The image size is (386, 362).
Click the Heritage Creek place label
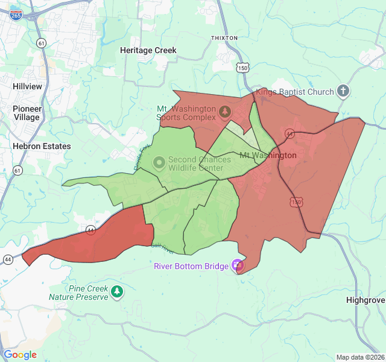[x=148, y=51]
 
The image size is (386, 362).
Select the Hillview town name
[x=28, y=86]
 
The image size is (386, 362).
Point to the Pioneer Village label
[x=27, y=113]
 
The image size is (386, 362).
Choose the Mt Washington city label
[x=268, y=156]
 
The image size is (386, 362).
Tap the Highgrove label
[x=365, y=300]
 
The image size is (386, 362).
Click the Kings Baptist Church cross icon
[x=343, y=92]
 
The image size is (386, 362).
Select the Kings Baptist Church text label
[x=294, y=92]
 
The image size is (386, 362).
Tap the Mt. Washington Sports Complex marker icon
[x=224, y=112]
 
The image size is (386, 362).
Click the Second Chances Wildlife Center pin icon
[x=159, y=162]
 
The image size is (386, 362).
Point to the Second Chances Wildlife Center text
[x=199, y=164]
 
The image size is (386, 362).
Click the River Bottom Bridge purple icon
[x=238, y=265]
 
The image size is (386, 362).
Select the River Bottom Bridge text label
[x=191, y=266]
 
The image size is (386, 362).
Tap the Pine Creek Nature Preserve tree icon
[x=117, y=293]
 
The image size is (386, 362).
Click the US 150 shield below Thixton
[x=242, y=68]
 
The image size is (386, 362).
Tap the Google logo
[x=20, y=355]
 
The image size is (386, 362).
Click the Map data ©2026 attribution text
[x=359, y=357]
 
